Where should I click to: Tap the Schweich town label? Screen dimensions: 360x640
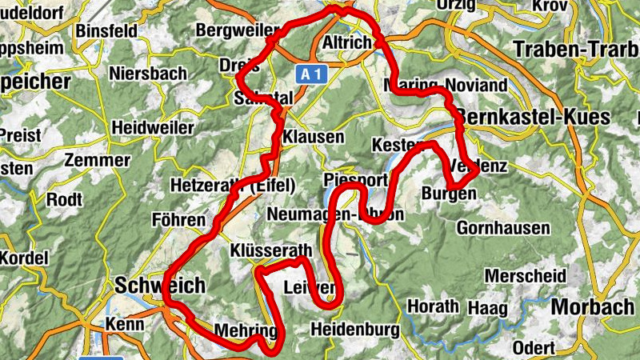click(160, 286)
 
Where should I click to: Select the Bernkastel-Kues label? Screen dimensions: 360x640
click(537, 117)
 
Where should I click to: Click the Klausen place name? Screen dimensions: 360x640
click(313, 136)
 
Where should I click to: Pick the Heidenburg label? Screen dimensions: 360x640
click(354, 328)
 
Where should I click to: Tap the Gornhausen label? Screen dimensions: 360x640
click(503, 228)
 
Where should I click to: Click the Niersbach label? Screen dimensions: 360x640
click(149, 74)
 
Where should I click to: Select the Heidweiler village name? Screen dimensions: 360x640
click(153, 127)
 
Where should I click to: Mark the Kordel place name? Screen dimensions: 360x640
click(24, 259)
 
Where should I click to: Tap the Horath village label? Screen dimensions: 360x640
click(434, 306)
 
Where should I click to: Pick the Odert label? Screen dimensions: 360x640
click(533, 347)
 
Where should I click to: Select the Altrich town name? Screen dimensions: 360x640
click(346, 42)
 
